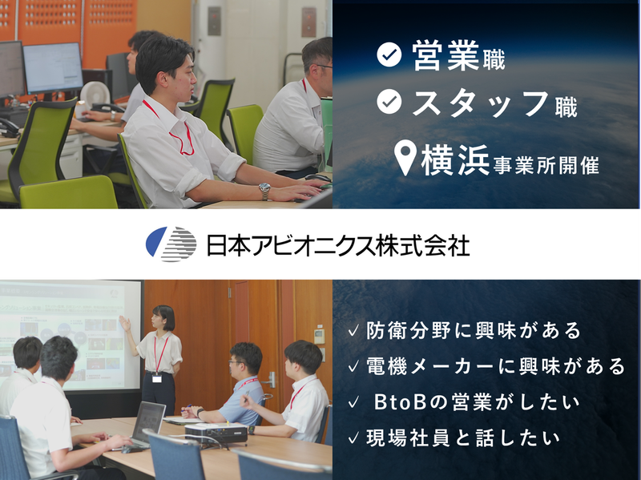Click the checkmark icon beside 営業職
[389, 55]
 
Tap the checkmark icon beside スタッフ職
[389, 103]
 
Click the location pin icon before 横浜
[408, 158]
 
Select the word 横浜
[451, 158]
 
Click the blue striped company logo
[171, 244]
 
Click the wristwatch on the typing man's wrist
[264, 191]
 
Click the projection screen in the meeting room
[68, 333]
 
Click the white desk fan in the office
[90, 95]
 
